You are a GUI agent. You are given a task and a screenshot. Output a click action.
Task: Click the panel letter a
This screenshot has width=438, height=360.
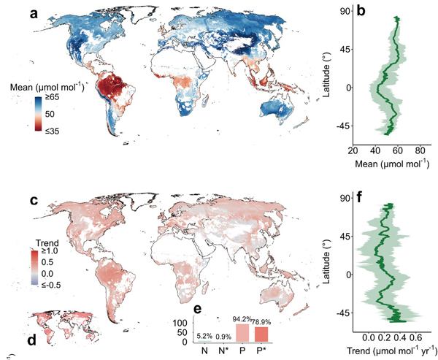(x=33, y=13)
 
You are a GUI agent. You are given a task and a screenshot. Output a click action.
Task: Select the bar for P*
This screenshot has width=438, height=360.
(x=261, y=333)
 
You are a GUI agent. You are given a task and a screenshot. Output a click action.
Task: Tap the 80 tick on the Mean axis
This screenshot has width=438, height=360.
(x=420, y=150)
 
